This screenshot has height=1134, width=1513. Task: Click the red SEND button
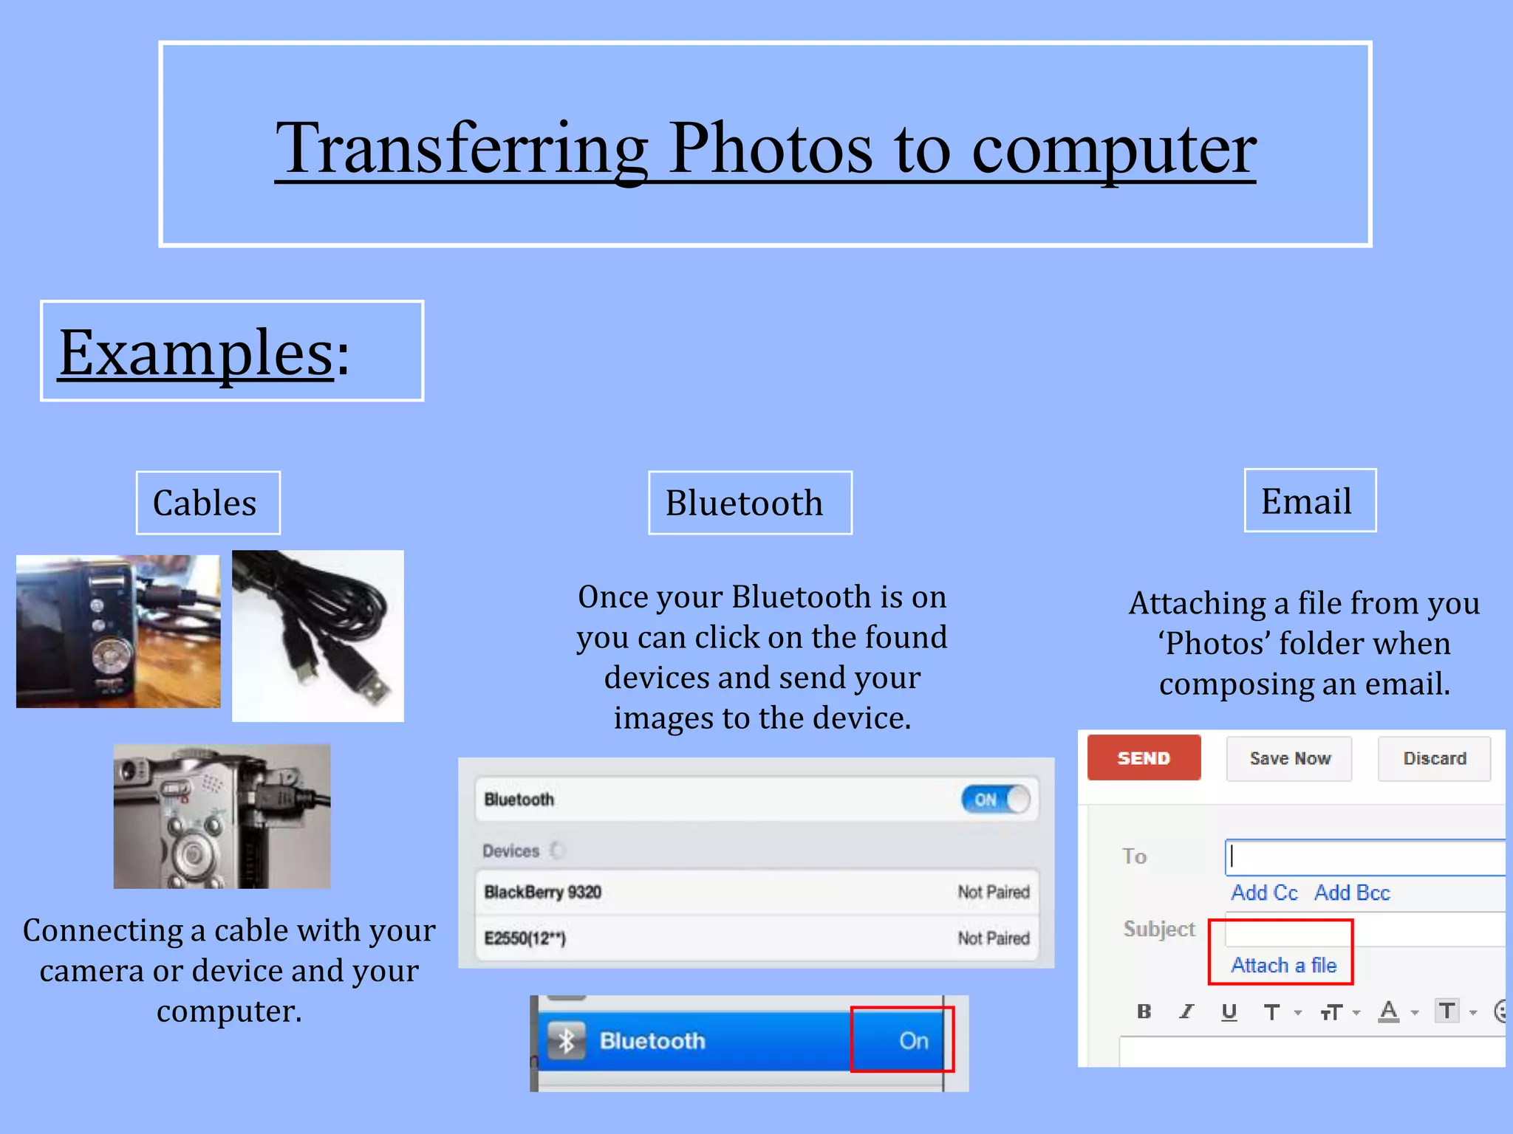point(1143,758)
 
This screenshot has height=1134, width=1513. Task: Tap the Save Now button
point(1289,758)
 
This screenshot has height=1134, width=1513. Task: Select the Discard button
point(1434,758)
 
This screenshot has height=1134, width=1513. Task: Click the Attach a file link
point(1283,965)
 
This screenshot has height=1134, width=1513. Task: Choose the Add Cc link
point(1264,893)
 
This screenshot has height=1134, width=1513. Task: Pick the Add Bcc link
point(1352,893)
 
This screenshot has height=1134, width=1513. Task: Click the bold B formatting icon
point(1144,1011)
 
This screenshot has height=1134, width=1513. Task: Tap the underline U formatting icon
point(1229,1011)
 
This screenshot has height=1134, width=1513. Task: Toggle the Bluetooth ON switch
point(995,800)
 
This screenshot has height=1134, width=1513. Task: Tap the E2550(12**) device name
point(525,938)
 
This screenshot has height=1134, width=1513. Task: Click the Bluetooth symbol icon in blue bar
point(567,1041)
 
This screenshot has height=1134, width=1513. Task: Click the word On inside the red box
point(913,1041)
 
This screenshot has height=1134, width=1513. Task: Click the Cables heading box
point(208,503)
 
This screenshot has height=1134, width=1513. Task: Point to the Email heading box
point(1309,501)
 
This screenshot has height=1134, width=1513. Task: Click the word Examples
point(196,353)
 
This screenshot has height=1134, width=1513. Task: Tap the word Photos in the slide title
point(771,149)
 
